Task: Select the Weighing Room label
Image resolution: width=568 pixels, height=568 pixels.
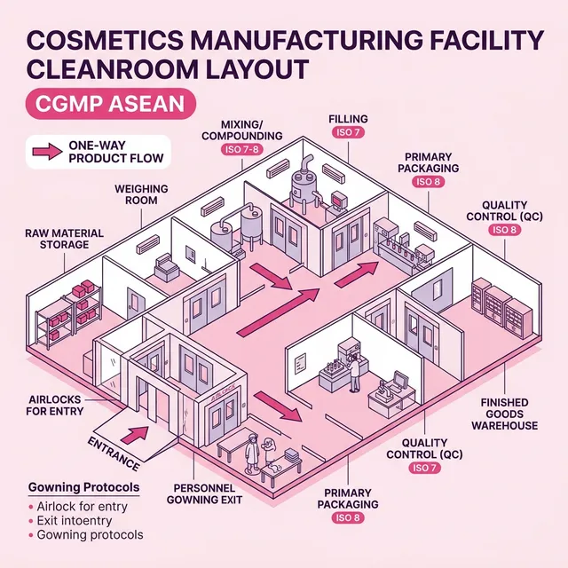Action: coord(135,194)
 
